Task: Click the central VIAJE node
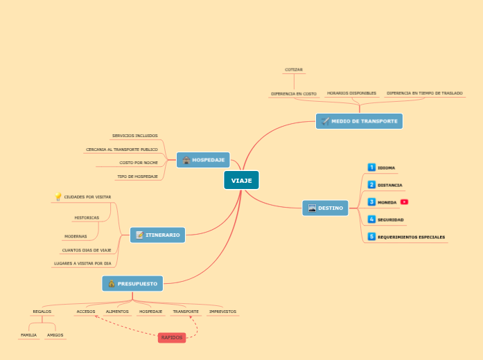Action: [x=241, y=180]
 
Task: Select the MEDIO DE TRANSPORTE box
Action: [x=359, y=121]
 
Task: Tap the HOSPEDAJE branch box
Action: [x=203, y=160]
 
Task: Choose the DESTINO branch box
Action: [x=325, y=208]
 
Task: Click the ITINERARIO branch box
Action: [x=157, y=235]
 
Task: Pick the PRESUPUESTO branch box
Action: [x=132, y=283]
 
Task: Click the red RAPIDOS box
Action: [x=172, y=338]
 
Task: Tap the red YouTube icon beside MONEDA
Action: [x=405, y=202]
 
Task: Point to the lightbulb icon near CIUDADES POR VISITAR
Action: [x=58, y=197]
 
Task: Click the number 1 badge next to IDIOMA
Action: [x=371, y=168]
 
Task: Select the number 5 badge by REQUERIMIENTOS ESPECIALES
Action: [x=371, y=237]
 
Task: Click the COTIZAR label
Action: [x=294, y=70]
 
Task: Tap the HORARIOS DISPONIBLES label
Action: [x=351, y=93]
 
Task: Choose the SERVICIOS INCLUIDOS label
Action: [x=134, y=136]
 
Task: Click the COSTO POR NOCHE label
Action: [x=139, y=163]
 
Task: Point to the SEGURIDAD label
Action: [x=390, y=219]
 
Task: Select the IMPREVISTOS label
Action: [x=222, y=312]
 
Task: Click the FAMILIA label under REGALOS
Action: [x=28, y=335]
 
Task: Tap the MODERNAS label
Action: [x=76, y=236]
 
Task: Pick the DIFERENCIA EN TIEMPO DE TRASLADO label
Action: [x=424, y=93]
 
